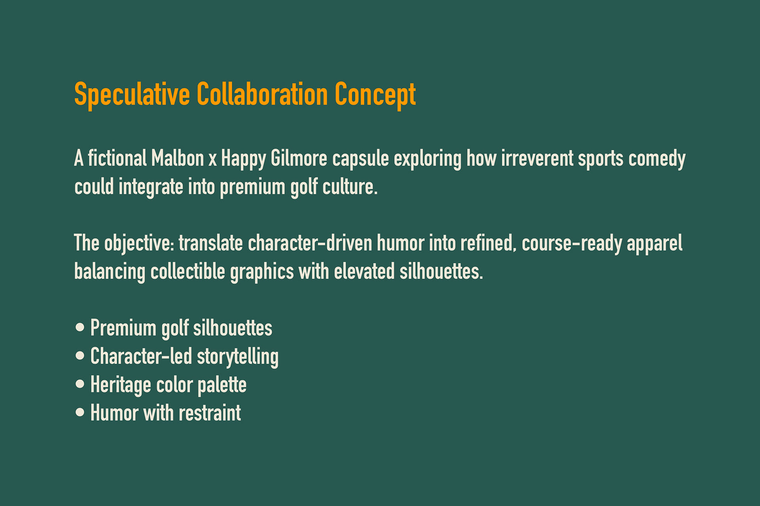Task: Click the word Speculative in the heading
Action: (x=132, y=95)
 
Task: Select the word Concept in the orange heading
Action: (x=375, y=95)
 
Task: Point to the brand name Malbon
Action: (x=178, y=158)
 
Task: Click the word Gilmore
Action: (x=299, y=158)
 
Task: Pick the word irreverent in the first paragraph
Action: (x=537, y=158)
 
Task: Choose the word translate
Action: (x=211, y=243)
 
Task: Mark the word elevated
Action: (x=364, y=272)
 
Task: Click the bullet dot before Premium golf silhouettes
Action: (x=80, y=327)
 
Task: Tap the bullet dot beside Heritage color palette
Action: (x=80, y=384)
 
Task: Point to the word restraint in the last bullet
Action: (x=210, y=413)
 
